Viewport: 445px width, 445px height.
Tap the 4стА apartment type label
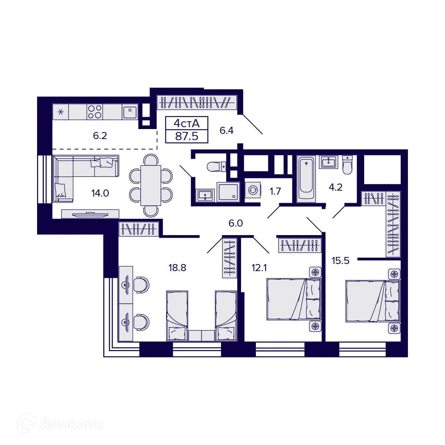pos(187,123)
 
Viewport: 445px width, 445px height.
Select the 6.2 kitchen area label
pos(100,136)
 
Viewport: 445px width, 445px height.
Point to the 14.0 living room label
pos(100,193)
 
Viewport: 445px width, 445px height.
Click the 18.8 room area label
pos(177,267)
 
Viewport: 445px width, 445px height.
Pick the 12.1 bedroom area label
pos(260,267)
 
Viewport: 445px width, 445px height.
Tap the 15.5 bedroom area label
pos(340,261)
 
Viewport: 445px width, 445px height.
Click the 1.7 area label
pos(275,191)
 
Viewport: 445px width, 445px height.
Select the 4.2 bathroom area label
pos(335,187)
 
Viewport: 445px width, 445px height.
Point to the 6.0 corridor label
pos(235,223)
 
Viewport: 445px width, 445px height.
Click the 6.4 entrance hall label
pos(226,131)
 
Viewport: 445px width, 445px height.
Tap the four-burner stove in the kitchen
pos(95,111)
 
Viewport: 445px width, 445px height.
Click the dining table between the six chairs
pos(151,185)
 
